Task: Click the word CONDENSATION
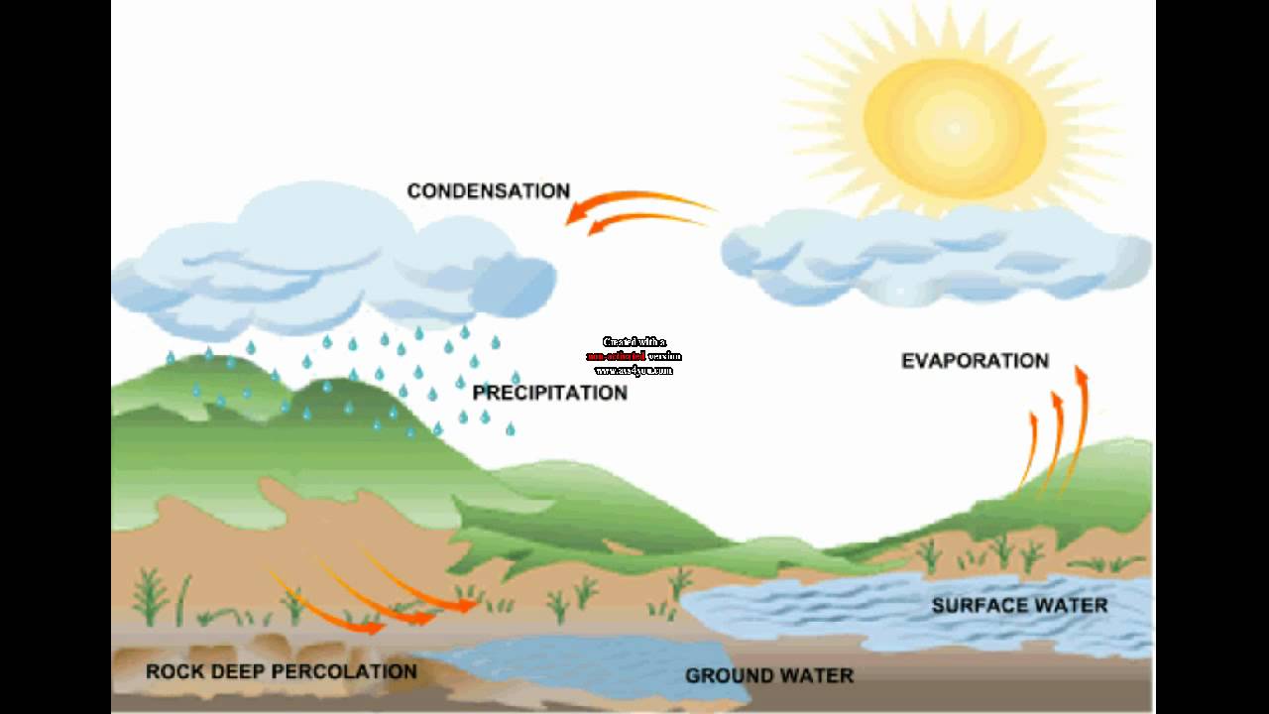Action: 489,190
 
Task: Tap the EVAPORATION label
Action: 975,361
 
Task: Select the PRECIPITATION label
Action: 549,393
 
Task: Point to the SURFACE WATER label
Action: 1019,605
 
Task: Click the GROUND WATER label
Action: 768,675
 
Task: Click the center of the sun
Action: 954,127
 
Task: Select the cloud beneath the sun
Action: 932,256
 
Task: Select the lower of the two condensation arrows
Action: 644,220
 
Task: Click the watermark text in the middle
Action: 634,356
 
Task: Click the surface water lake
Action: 892,607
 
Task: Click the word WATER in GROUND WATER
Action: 818,675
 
